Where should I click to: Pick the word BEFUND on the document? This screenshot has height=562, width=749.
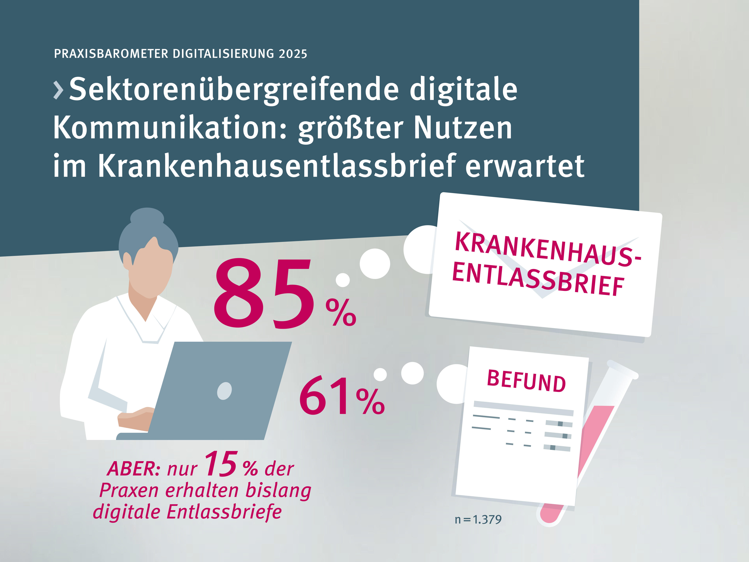526,381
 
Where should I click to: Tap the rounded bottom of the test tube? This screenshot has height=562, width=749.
549,517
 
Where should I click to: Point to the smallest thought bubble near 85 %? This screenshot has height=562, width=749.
343,280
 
